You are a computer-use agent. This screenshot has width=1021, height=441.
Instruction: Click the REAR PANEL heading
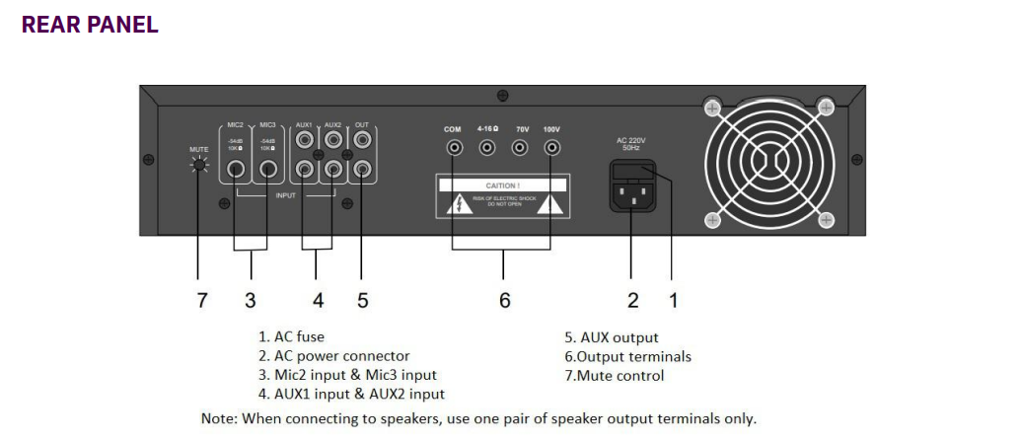tap(90, 26)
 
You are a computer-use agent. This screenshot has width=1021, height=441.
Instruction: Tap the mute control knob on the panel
tap(200, 167)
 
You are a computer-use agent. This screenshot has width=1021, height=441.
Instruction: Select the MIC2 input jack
tap(237, 169)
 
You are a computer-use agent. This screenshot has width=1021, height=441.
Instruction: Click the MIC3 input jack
tap(267, 169)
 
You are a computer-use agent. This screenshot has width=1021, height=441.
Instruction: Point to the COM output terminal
tap(454, 148)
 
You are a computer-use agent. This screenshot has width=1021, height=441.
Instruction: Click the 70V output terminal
tap(520, 148)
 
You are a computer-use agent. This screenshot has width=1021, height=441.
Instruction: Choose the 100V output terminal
tap(552, 148)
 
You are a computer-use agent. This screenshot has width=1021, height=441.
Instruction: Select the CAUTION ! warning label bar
tap(503, 184)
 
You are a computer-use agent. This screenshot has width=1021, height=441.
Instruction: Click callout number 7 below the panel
tap(202, 300)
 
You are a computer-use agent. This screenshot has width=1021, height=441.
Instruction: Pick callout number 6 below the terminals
tap(505, 300)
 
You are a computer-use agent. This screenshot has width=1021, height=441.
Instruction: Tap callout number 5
tap(362, 300)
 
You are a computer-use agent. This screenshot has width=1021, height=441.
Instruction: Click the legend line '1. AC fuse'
tap(291, 337)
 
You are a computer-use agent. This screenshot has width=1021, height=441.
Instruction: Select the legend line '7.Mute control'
tap(614, 375)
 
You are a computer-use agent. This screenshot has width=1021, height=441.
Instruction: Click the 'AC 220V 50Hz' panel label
tap(631, 144)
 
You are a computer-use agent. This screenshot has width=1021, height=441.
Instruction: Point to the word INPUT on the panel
tap(286, 195)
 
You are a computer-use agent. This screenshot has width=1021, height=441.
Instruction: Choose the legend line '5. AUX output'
tap(611, 337)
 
